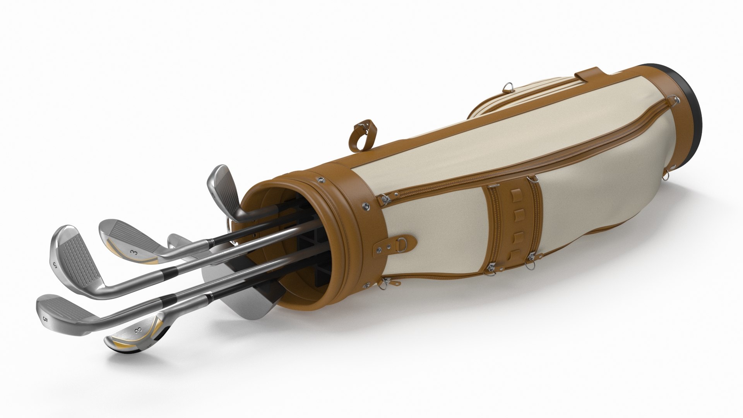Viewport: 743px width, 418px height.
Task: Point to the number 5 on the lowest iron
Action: (x=45, y=309)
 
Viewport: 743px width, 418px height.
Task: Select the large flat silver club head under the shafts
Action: (x=240, y=283)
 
